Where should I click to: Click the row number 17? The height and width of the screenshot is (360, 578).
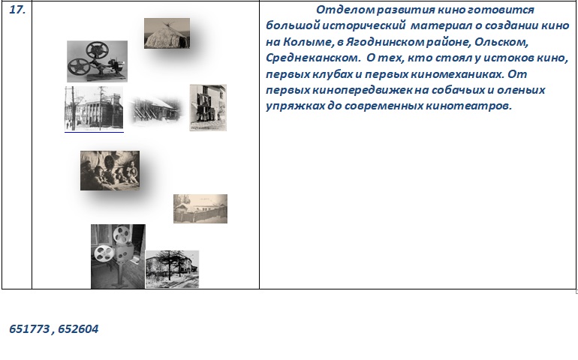point(17,10)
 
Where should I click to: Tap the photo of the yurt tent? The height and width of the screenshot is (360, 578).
point(167,33)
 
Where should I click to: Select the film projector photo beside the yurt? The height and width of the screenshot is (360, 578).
point(98,61)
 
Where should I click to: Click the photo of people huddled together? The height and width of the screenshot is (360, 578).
point(110,170)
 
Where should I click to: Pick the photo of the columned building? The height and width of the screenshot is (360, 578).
point(94,108)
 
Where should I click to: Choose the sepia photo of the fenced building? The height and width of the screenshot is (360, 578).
point(200,208)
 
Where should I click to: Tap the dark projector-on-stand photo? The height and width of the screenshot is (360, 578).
point(118,256)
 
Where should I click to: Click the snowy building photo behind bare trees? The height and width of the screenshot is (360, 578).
point(172,269)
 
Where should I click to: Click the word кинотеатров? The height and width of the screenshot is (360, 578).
point(469,106)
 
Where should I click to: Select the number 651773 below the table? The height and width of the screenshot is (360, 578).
point(29,328)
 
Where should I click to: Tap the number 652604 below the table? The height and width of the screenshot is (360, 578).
point(78,328)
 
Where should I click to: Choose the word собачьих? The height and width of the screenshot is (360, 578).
point(460,90)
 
